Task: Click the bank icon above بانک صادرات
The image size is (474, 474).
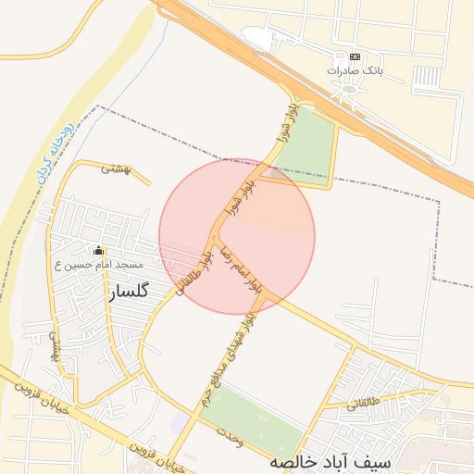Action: pos(355,56)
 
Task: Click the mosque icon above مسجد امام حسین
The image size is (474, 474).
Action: pos(99,251)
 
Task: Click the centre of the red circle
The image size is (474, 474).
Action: pos(237,236)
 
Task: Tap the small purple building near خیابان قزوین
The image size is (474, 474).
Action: pos(178,422)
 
